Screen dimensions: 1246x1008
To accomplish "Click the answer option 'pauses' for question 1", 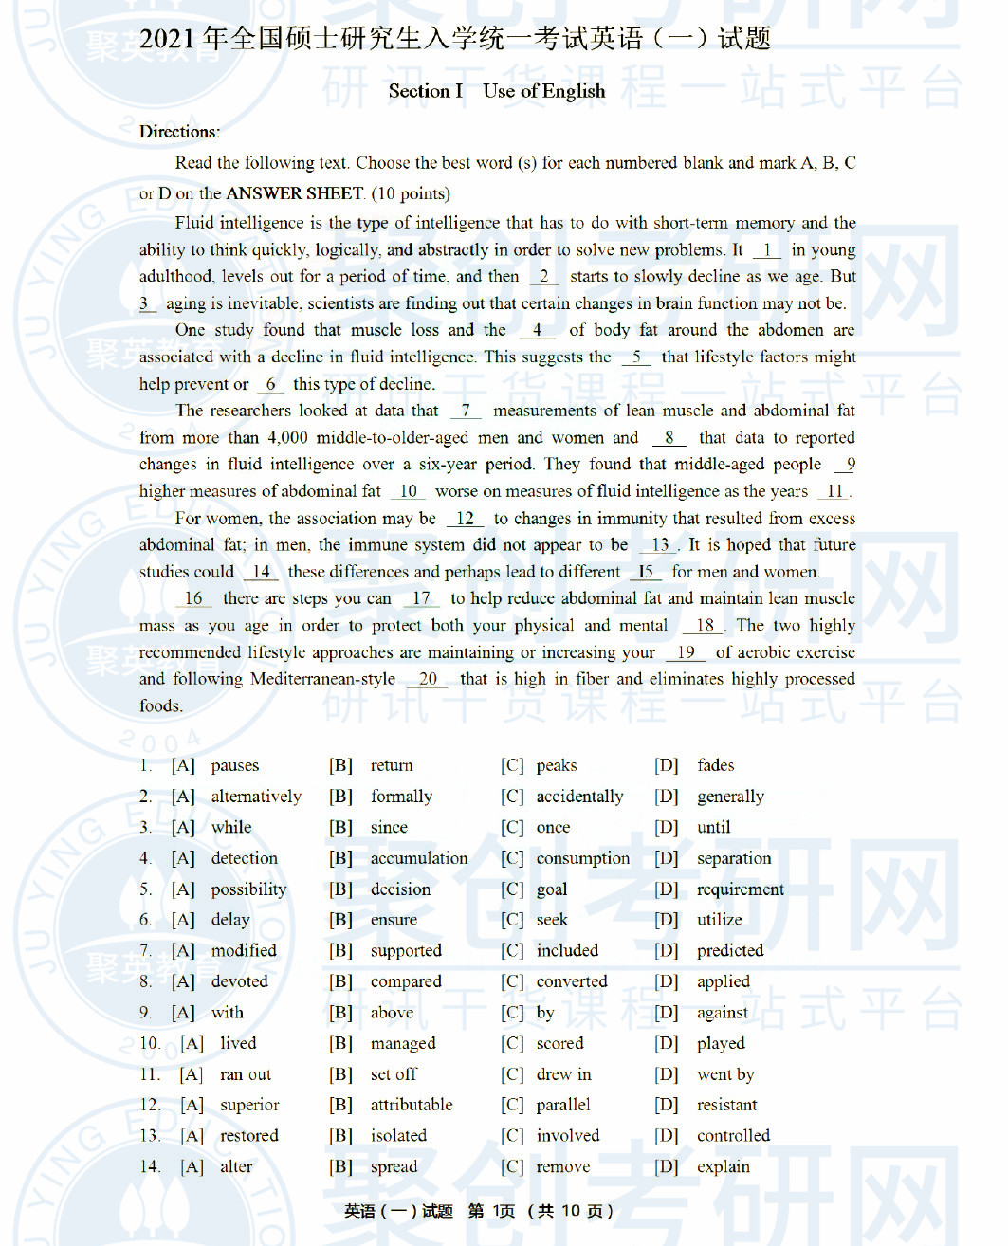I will (x=234, y=765).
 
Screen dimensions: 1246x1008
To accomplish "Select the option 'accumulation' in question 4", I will (x=418, y=858).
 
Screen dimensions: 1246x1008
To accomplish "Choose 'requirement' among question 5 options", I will (x=740, y=889).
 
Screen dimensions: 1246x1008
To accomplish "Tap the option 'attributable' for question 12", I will (x=411, y=1105).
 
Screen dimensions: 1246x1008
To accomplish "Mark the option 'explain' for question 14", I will (x=723, y=1166).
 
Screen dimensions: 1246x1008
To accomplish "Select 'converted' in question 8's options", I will (x=571, y=981).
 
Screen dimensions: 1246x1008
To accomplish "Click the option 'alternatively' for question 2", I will (x=256, y=797).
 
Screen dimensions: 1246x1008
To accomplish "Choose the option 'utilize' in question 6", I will (x=719, y=920).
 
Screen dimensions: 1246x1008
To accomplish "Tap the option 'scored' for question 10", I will (x=559, y=1043).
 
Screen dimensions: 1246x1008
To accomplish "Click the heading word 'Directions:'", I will (x=179, y=132).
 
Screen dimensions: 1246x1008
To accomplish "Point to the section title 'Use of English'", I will (x=543, y=91).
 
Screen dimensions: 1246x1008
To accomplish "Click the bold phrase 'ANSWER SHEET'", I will (x=295, y=193).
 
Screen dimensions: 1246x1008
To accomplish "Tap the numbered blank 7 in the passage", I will (x=466, y=411).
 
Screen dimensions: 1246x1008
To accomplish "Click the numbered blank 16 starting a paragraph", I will (x=193, y=598).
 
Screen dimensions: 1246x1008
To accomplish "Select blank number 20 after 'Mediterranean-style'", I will (x=428, y=679).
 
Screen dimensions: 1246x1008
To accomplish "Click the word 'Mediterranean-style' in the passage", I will (x=322, y=679).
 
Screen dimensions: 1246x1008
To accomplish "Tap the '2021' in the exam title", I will (x=167, y=39).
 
